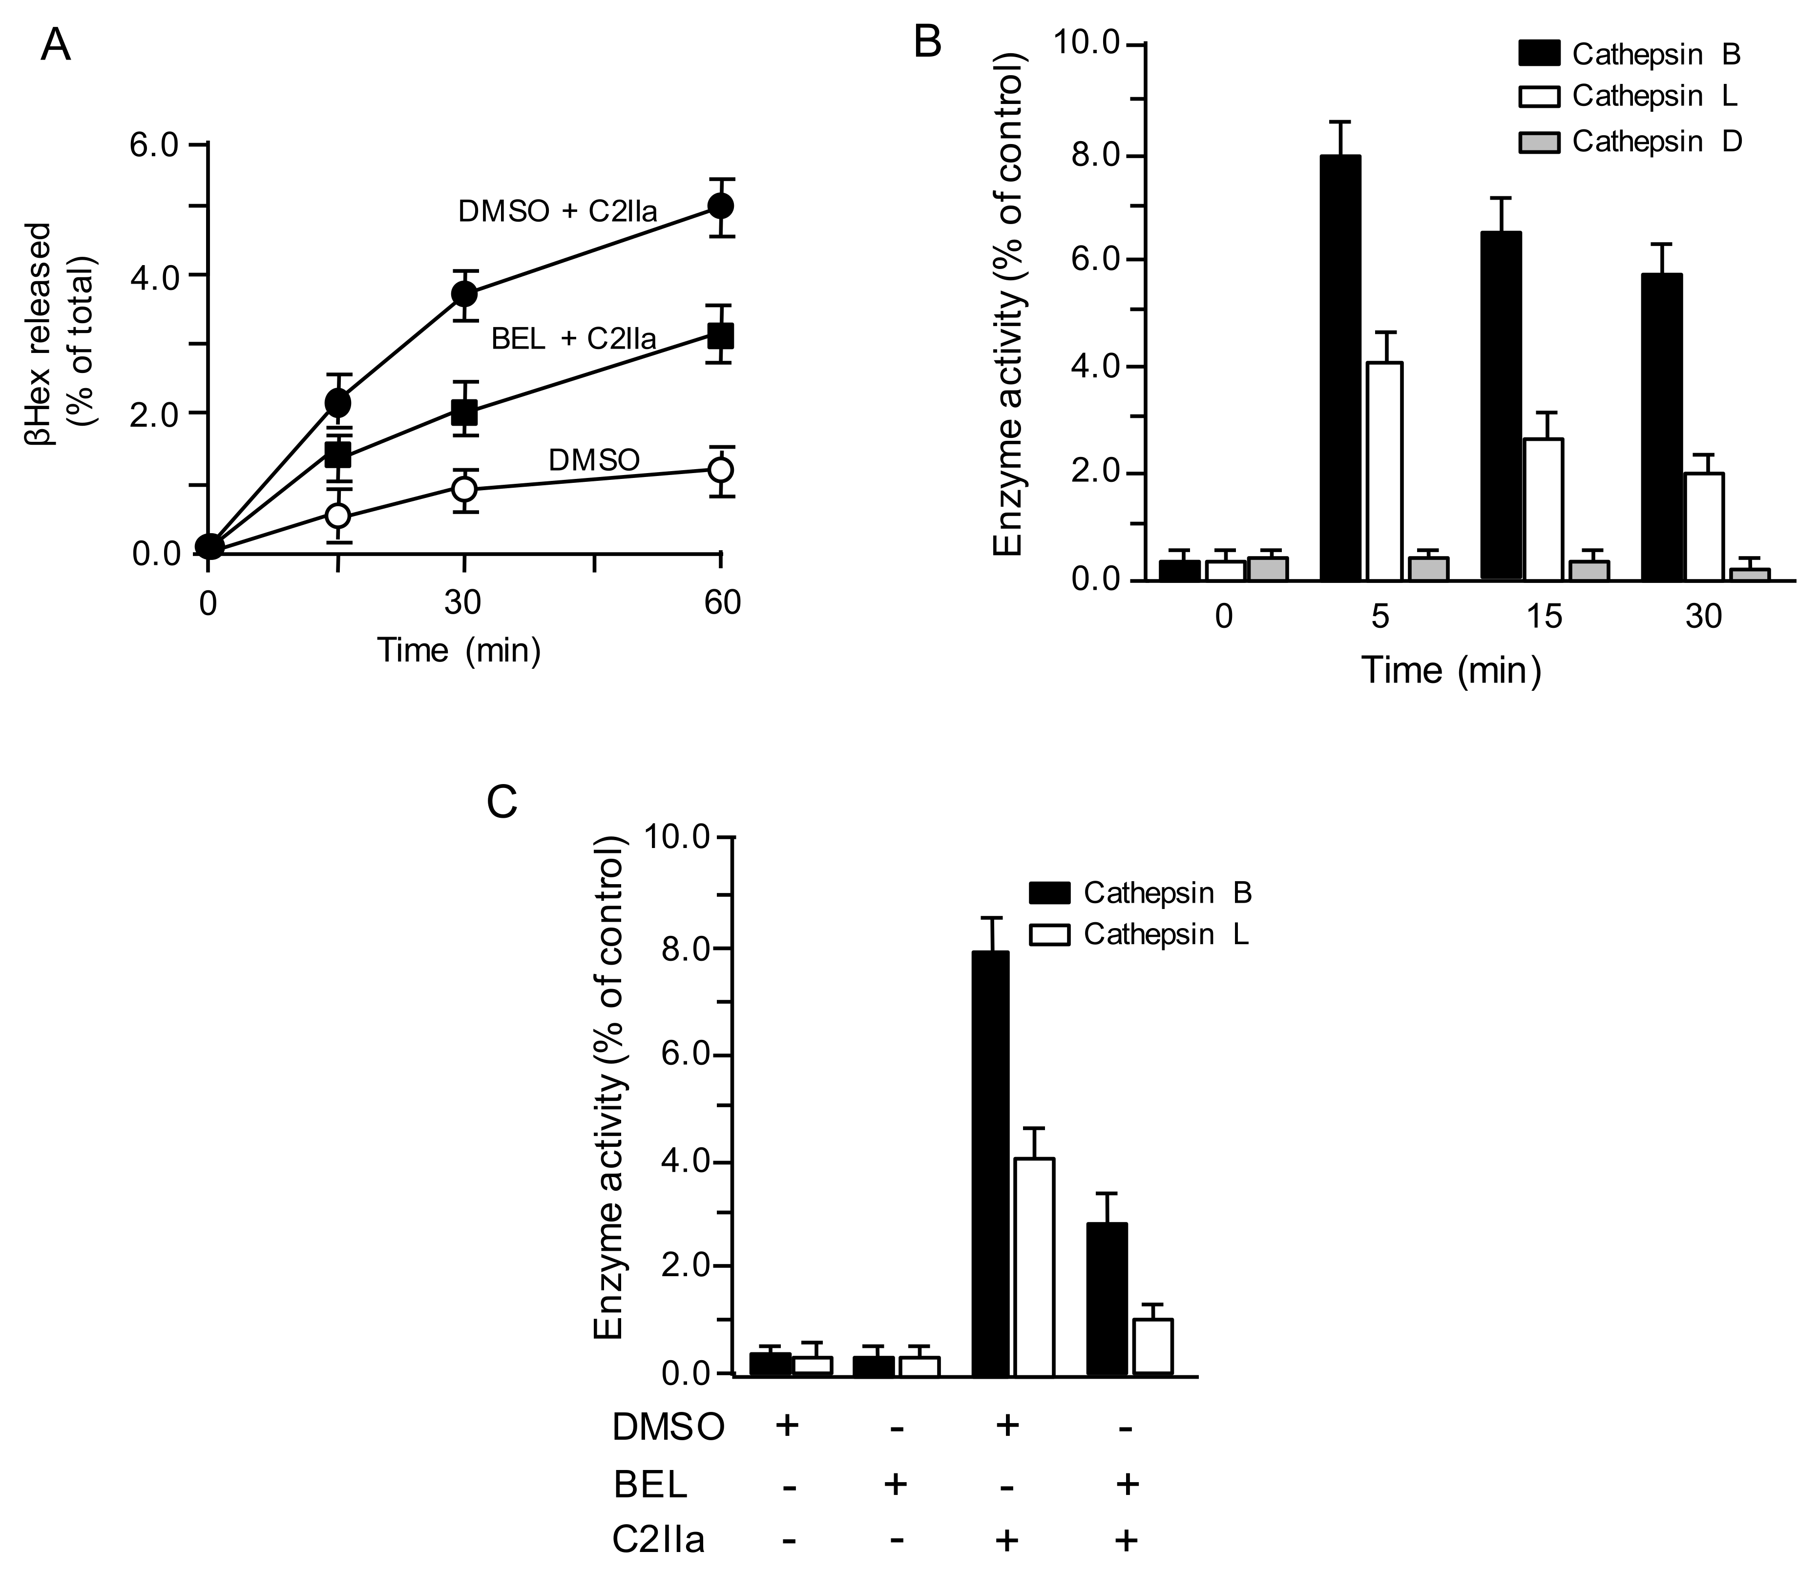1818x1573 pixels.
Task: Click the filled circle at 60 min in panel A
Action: pos(721,207)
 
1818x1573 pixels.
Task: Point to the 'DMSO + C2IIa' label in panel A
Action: pos(558,211)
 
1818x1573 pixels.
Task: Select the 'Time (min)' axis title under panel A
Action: pos(458,650)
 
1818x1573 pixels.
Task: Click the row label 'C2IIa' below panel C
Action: pos(658,1540)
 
